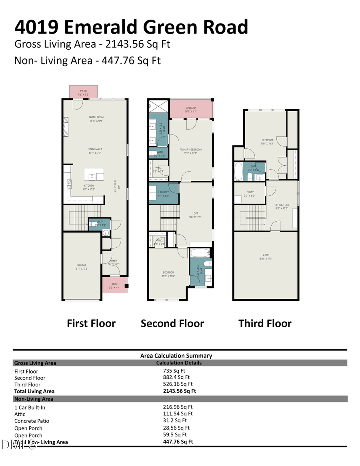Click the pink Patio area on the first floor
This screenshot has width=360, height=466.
tap(83, 92)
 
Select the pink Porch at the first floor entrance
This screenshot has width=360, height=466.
tap(114, 285)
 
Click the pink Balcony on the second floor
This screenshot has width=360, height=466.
tap(191, 109)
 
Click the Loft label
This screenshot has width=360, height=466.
tap(195, 215)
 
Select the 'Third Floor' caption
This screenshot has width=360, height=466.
tap(265, 323)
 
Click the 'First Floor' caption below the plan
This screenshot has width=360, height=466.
tap(91, 323)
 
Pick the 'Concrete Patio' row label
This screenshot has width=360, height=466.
tap(32, 421)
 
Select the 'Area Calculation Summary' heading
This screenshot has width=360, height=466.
tap(176, 355)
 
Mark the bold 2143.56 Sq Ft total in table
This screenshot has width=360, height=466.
tap(177, 391)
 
